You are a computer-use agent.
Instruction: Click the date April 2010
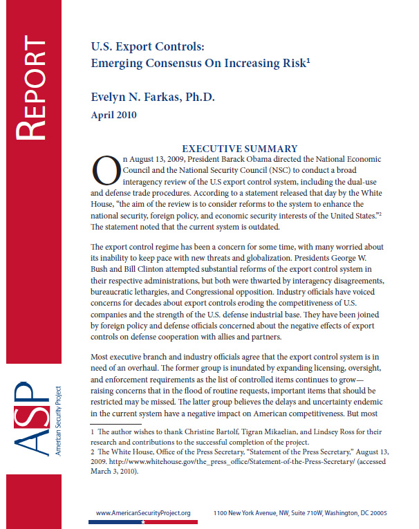click(x=114, y=115)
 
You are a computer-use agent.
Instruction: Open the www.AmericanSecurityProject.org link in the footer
click(x=143, y=513)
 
